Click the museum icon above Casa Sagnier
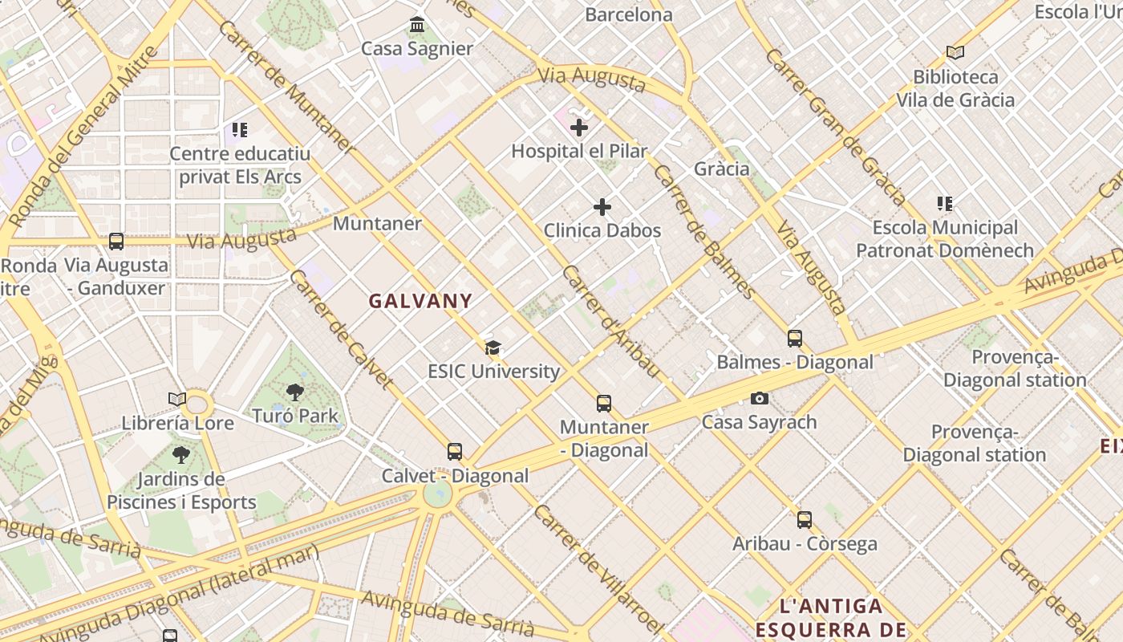pos(417,25)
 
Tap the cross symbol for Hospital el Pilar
pos(579,127)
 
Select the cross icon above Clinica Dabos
pos(602,207)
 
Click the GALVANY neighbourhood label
pos(420,301)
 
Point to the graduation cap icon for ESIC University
pos(493,347)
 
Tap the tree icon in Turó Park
pos(295,392)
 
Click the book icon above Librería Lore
pos(177,399)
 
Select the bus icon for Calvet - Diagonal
pos(455,452)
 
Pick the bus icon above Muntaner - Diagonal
pos(604,403)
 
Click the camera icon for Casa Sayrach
pos(759,398)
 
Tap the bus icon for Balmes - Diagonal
pos(795,338)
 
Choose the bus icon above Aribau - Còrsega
pos(805,519)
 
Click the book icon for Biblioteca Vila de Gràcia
pos(955,53)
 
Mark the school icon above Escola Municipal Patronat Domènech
pos(945,204)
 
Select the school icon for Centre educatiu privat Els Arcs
pos(240,129)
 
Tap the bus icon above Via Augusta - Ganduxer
pos(116,241)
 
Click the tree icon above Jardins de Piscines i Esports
pos(181,455)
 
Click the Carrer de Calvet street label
pos(342,329)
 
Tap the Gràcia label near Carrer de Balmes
pos(722,169)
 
